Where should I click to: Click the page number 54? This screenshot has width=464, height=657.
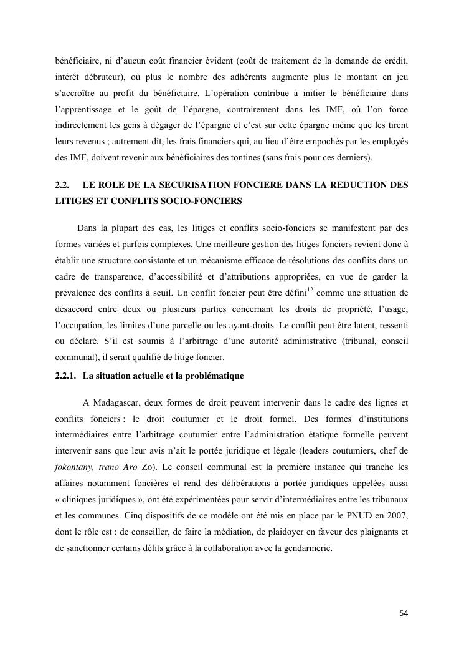404,613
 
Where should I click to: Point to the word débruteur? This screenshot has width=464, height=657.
105,77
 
